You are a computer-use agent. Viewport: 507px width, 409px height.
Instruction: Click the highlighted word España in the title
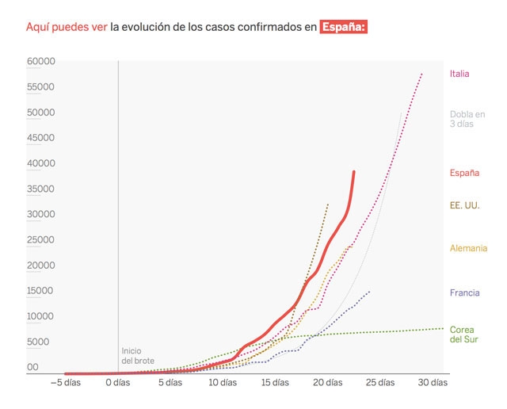(x=344, y=27)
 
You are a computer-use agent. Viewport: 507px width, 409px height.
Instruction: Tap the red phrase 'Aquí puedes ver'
(x=67, y=27)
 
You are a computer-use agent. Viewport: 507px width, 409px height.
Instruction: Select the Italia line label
(x=459, y=74)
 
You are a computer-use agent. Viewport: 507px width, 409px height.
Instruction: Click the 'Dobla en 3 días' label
(x=467, y=118)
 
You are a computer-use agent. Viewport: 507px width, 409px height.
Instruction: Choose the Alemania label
(x=468, y=248)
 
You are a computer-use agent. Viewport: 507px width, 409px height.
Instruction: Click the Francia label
(x=464, y=292)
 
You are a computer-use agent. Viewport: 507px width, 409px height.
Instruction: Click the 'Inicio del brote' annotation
(x=138, y=355)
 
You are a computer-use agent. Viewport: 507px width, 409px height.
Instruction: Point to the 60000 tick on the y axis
(x=40, y=61)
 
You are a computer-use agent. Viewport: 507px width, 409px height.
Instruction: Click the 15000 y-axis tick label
(x=40, y=291)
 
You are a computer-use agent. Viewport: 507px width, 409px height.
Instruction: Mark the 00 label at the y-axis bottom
(x=32, y=367)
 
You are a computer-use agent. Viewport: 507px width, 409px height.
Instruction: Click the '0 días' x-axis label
(x=117, y=383)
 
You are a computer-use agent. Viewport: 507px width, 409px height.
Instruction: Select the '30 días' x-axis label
(x=433, y=383)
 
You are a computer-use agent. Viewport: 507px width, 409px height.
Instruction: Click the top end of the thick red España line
(x=354, y=171)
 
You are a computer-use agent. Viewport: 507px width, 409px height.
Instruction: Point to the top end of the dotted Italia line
(x=422, y=74)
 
